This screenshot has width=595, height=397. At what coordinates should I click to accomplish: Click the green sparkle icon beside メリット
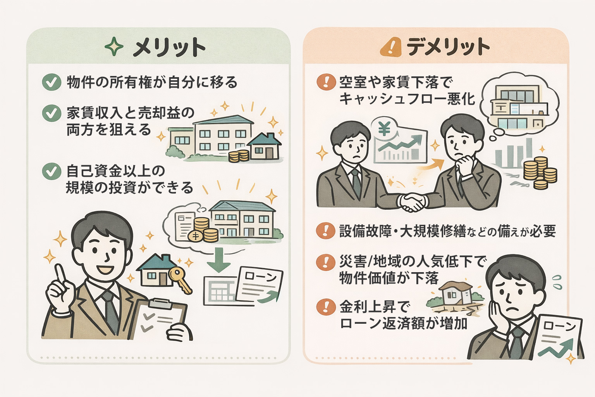coord(114,47)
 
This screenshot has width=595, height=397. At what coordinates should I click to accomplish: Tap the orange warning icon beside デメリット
coord(391,47)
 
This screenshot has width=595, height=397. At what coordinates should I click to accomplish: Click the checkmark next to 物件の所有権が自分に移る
coord(52,82)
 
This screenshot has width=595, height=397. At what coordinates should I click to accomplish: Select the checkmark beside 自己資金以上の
coord(52,171)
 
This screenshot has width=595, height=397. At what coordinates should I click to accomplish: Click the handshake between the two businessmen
coord(413,202)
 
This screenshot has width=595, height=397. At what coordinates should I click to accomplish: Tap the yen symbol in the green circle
coord(384,129)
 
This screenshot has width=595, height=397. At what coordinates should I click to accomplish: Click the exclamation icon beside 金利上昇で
coord(326,307)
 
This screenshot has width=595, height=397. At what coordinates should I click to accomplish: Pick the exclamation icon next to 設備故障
coord(326,231)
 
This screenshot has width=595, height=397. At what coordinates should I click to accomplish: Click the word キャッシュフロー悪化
coord(407,99)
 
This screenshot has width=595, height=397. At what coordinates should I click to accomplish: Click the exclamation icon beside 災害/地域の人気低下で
coord(326,262)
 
